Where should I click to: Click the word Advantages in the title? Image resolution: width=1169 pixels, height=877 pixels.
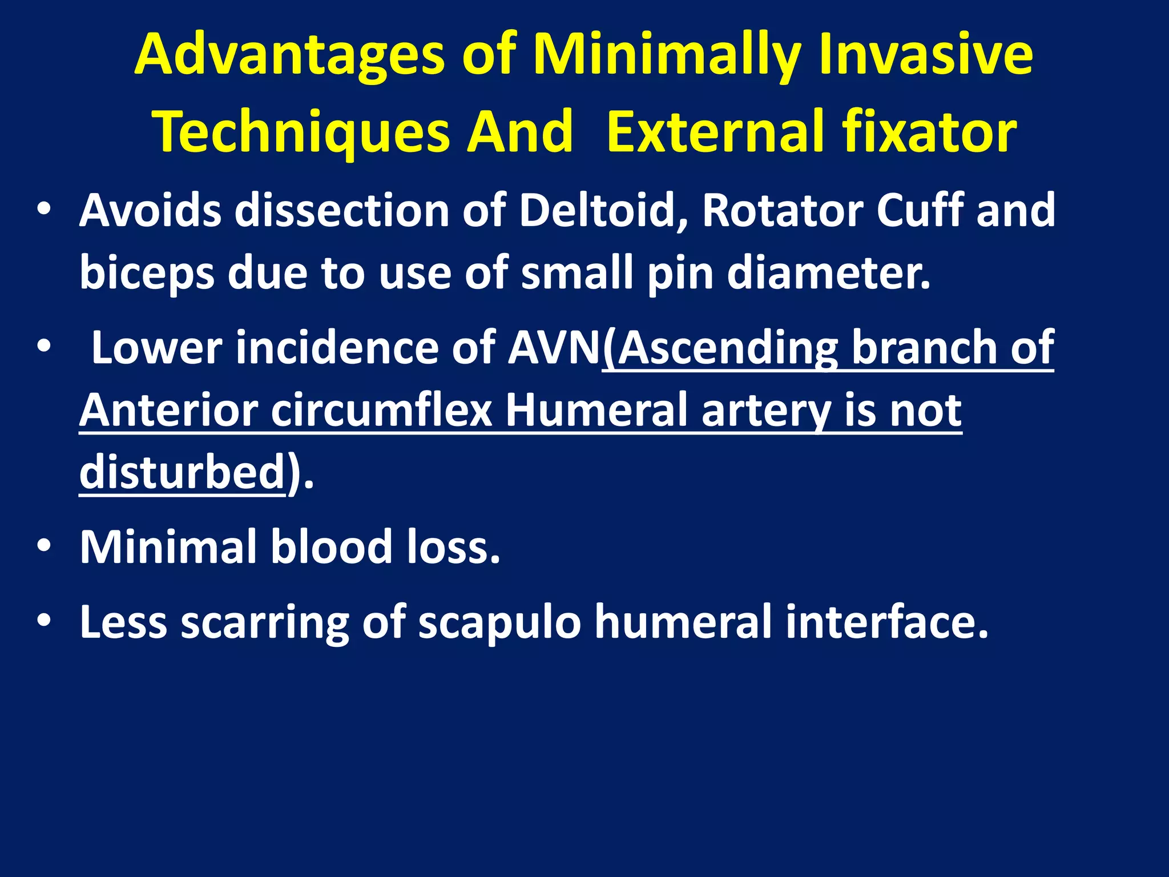289,56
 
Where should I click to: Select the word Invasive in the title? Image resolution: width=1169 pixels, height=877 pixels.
925,56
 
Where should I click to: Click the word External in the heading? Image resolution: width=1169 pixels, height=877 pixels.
715,132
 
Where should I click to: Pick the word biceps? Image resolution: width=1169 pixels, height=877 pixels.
147,273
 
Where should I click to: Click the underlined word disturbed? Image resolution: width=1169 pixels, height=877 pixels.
182,473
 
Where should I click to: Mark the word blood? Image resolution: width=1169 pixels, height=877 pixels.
331,547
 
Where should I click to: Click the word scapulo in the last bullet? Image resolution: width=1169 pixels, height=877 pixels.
499,622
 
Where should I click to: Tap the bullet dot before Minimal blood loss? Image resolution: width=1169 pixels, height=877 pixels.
44,545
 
